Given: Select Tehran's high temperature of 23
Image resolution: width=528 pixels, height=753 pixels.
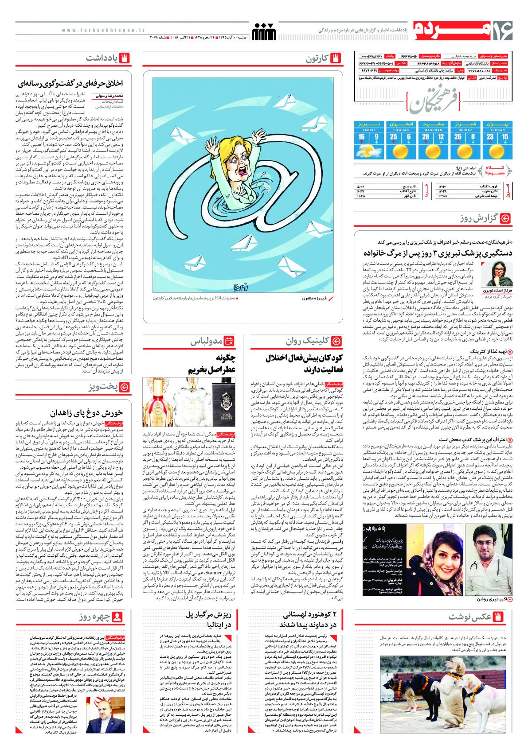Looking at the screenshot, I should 489,137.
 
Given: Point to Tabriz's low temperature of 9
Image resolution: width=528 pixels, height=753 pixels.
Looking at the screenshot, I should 376,137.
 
